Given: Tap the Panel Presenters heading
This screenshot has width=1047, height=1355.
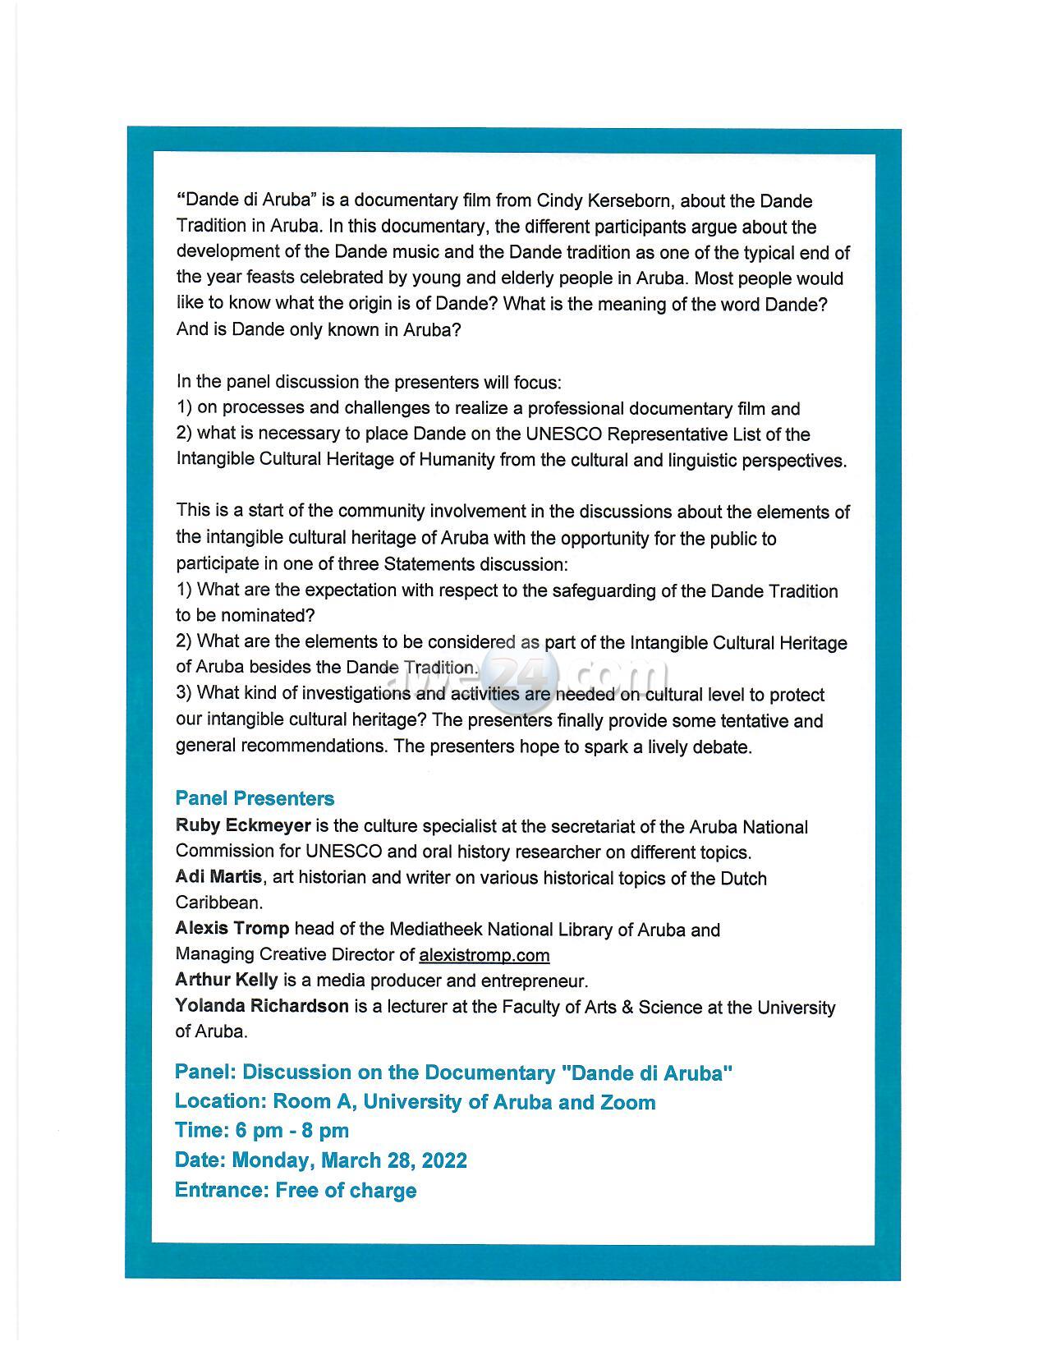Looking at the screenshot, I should [255, 799].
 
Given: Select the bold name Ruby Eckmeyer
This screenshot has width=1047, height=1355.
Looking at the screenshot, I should [243, 826].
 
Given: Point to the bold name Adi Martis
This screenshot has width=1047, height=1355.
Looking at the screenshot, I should [218, 877].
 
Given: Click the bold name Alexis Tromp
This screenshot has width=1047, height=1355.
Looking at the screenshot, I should [232, 929].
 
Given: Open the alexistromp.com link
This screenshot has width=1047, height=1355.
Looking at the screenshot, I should [484, 955].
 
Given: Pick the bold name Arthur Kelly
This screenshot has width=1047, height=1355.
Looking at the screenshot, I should [227, 981].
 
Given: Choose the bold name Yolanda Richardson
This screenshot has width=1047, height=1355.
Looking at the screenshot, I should [262, 1007].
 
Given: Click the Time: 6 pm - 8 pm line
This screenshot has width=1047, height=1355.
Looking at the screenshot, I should [262, 1131].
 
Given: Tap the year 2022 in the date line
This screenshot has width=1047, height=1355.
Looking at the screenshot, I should [445, 1160].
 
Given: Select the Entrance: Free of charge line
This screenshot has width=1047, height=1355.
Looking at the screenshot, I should [296, 1191].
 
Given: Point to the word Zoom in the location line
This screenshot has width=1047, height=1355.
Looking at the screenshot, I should [627, 1102].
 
